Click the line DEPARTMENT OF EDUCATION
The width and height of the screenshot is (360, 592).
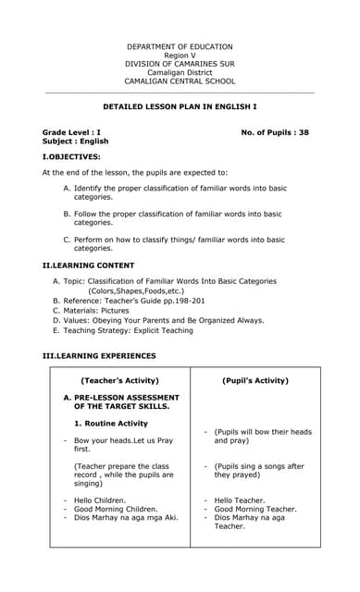180,46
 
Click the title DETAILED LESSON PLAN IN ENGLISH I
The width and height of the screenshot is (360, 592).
180,107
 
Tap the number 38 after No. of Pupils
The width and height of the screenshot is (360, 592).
303,132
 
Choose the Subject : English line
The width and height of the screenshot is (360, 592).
75,142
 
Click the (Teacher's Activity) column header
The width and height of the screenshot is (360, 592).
119,380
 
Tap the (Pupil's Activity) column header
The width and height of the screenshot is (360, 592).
255,380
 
